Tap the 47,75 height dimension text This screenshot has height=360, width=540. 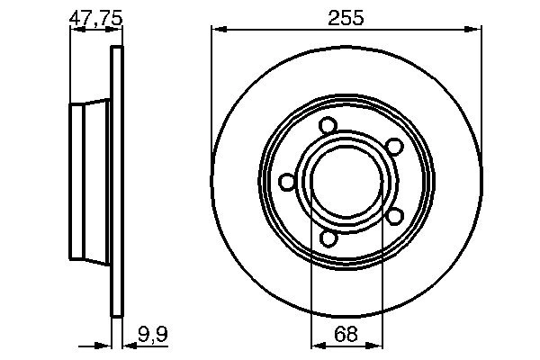point(96,16)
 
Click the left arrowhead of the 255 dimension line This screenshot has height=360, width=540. point(216,30)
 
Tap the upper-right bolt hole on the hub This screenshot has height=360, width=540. point(393,147)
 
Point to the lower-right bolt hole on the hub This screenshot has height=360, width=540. point(393,216)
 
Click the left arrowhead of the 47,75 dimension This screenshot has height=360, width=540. point(74,30)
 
